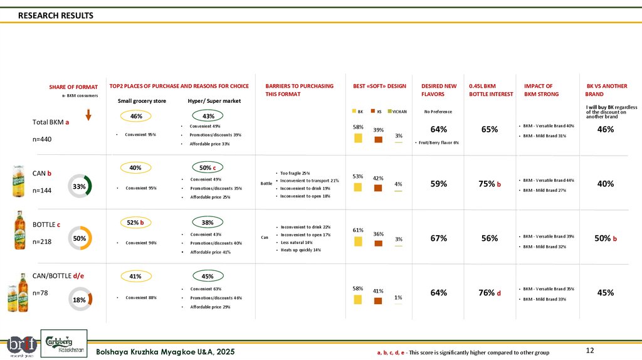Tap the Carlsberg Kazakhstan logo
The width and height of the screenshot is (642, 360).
point(65,344)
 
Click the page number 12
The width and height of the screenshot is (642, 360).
point(589,350)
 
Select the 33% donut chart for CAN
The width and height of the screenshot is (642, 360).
point(80,186)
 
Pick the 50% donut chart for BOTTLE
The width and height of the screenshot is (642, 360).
point(80,238)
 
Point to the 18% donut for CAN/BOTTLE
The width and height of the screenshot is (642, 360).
point(80,300)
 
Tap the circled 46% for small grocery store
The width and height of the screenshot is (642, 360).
point(136,116)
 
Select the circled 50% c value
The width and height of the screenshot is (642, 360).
point(207,167)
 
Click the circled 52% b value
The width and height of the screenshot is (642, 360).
point(136,222)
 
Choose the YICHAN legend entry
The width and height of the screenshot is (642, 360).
point(397,112)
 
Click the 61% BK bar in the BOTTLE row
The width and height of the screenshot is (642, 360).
point(358,241)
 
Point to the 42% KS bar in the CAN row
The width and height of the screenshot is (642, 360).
point(378,188)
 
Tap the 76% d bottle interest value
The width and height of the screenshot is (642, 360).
point(490,292)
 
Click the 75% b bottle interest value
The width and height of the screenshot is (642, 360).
point(490,184)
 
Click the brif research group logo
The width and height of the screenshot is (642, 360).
point(21,344)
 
